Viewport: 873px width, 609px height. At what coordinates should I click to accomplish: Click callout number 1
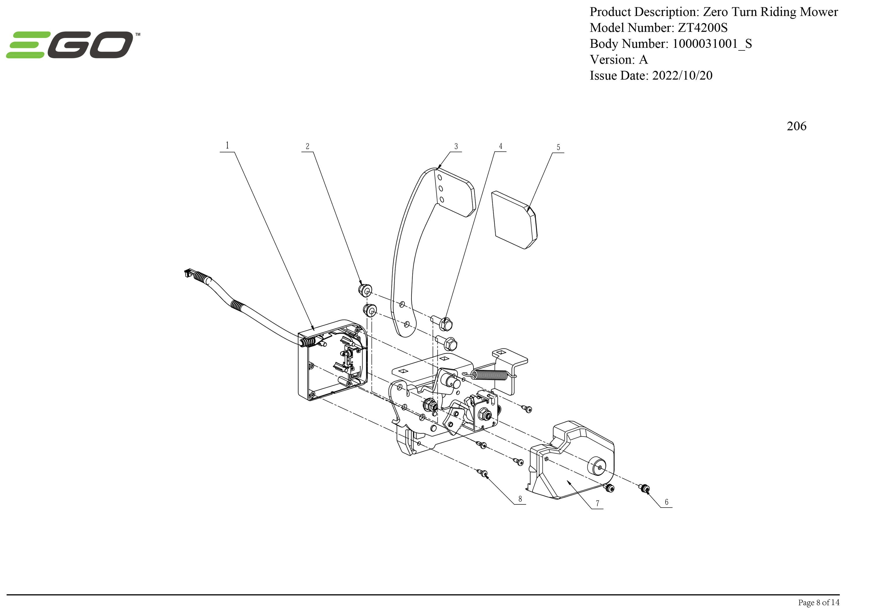point(227,145)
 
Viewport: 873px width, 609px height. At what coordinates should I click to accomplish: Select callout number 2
point(307,146)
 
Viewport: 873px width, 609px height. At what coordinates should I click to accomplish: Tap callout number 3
point(456,146)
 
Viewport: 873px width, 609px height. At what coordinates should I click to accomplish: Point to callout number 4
point(501,146)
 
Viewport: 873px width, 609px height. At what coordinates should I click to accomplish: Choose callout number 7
point(597,503)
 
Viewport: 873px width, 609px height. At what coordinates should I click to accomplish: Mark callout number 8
point(520,499)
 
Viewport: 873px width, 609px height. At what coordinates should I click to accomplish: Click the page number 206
point(796,126)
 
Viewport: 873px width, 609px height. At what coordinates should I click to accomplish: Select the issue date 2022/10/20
point(682,75)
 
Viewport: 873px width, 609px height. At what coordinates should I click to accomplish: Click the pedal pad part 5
point(514,220)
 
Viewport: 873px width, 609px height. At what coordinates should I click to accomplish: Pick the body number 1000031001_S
point(712,44)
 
